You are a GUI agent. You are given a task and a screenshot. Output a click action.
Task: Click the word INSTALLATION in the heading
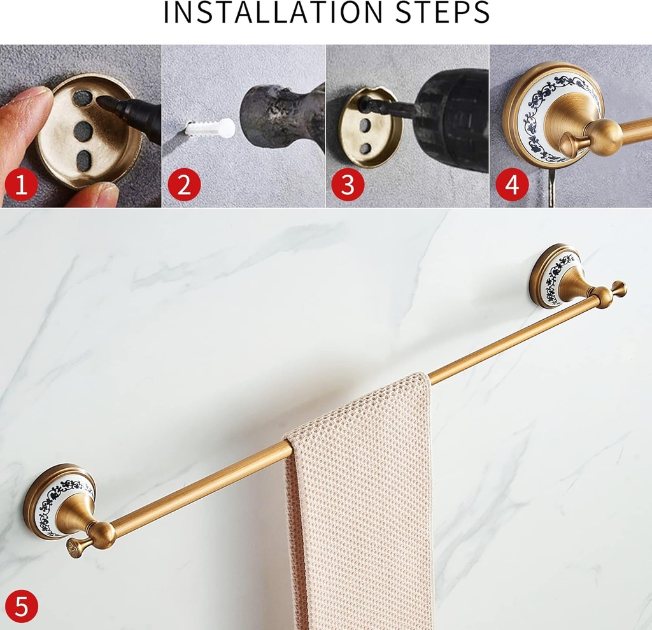coord(273,13)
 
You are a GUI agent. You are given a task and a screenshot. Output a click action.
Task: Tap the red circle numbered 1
coord(21,185)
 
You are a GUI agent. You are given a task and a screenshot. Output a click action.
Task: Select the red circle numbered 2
coord(184,185)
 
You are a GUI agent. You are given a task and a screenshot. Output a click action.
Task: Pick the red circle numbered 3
coord(348,185)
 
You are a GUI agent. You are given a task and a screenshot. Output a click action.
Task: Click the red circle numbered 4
coord(512,185)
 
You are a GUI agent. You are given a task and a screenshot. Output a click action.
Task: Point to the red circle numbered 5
coord(21,606)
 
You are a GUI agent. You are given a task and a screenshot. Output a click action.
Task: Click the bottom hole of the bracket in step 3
coord(365,148)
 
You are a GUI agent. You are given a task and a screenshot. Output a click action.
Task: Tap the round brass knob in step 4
coord(602,136)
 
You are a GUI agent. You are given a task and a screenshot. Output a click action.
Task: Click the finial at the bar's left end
coord(75,547)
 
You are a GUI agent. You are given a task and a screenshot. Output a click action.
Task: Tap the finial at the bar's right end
coord(618,289)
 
